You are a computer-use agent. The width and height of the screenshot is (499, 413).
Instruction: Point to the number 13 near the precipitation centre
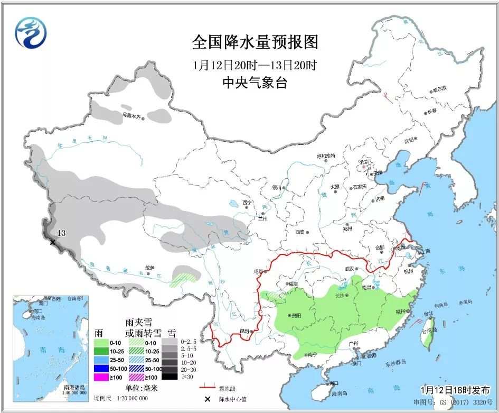coord(61,233)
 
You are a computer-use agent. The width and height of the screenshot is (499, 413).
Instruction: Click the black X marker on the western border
coord(52,242)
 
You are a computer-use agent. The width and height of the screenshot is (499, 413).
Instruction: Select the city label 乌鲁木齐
coord(132,115)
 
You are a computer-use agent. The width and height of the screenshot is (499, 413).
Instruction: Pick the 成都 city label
coord(257,271)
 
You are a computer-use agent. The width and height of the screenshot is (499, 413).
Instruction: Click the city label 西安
coord(300,232)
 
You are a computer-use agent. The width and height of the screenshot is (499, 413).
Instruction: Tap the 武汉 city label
coord(349,269)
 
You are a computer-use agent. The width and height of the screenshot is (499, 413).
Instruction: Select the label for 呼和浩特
coord(326,157)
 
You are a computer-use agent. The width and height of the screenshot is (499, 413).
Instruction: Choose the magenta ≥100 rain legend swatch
coord(108,377)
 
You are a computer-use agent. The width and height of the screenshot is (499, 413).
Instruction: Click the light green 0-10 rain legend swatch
coord(108,342)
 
